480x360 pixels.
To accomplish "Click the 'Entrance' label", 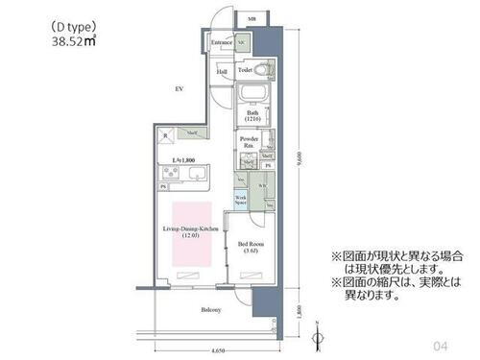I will [222, 43].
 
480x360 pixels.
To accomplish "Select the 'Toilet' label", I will [245, 70].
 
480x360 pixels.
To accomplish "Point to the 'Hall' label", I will [221, 71].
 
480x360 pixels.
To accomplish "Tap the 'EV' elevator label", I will [179, 89].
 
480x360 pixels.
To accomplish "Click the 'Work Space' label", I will [242, 200].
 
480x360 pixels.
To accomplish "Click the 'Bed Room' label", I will [251, 246].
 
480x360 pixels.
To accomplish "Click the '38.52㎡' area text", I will [73, 42].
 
